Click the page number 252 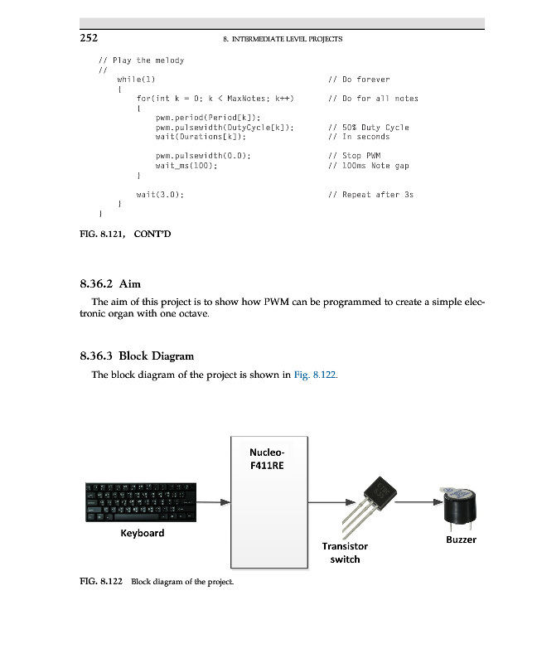pos(89,38)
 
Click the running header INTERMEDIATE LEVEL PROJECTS pos(283,39)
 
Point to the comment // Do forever pos(359,80)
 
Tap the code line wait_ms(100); pos(186,166)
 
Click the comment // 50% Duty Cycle pos(369,128)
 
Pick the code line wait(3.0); pos(159,195)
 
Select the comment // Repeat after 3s pos(370,195)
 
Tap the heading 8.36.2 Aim pos(104,283)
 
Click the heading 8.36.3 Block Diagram pos(137,356)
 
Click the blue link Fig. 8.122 pos(314,375)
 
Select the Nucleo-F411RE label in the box pos(267,459)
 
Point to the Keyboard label pos(142,533)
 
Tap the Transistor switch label pos(345,553)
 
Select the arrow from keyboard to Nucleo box pos(213,502)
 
